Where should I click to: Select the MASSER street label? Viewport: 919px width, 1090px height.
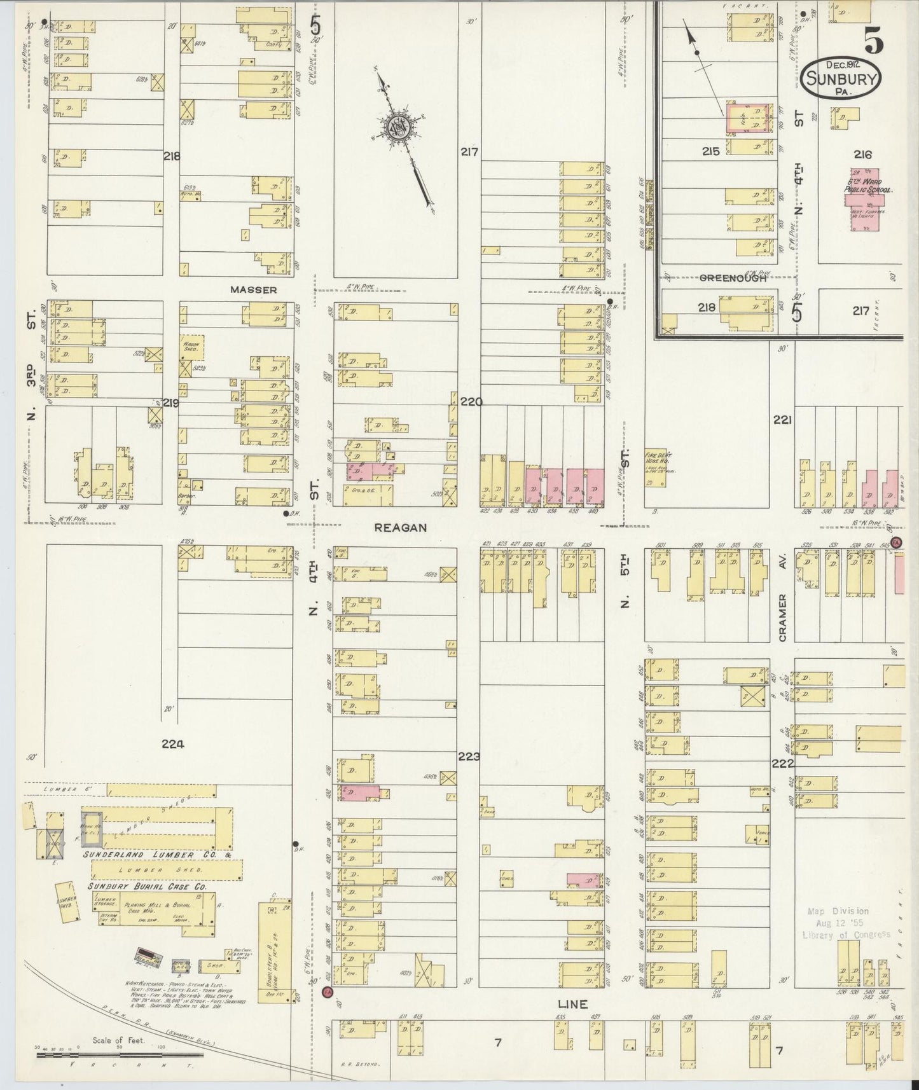(253, 290)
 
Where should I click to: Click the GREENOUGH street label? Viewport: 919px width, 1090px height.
(732, 278)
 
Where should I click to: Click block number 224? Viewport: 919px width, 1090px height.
(172, 743)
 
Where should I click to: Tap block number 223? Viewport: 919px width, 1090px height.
(468, 757)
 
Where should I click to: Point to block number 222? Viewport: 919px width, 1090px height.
(783, 764)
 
